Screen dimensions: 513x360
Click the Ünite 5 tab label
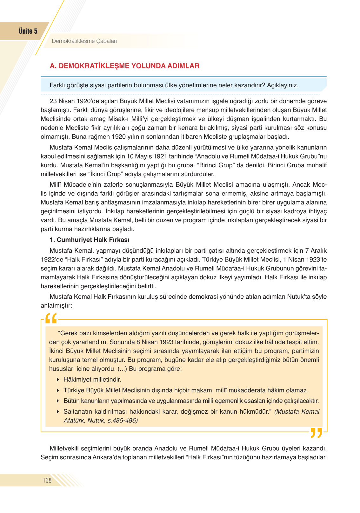tap(28, 31)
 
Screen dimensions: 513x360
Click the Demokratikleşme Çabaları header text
tap(84, 41)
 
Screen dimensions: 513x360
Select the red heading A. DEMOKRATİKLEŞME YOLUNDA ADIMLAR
tap(124, 66)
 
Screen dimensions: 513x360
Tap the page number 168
tap(47, 480)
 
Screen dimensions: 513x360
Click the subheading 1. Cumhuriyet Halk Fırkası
tap(90, 240)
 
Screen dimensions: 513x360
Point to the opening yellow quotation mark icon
tap(51, 318)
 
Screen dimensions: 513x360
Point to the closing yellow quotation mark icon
tap(316, 433)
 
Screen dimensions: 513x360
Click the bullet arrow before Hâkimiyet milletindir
tap(58, 380)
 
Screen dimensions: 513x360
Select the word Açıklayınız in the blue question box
tap(282, 85)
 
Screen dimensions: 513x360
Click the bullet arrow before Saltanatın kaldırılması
tap(58, 412)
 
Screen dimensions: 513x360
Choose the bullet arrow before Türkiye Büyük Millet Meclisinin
tap(58, 390)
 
